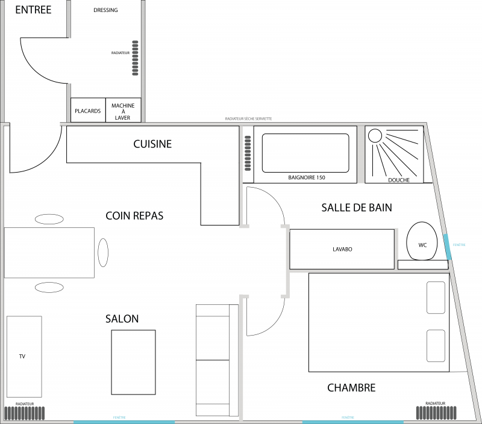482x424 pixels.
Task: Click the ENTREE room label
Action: [x=33, y=10]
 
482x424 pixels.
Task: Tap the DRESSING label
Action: [x=106, y=10]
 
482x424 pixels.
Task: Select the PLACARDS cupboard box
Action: [x=88, y=111]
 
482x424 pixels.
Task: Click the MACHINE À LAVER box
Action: [x=123, y=111]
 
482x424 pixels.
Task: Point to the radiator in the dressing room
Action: [x=135, y=58]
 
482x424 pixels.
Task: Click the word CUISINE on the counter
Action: [x=152, y=144]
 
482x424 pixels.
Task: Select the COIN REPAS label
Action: [x=134, y=215]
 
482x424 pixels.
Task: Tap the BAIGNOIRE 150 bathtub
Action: [x=305, y=155]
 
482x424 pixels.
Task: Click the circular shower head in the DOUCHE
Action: [x=375, y=136]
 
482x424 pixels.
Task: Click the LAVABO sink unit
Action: [x=342, y=249]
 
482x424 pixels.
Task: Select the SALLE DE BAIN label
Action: [x=357, y=207]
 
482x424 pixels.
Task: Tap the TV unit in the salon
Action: [x=24, y=356]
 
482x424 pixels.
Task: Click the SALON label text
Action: [x=122, y=319]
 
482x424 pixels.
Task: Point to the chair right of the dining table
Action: [x=103, y=253]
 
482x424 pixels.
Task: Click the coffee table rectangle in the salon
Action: [x=133, y=362]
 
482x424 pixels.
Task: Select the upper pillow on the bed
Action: [x=436, y=298]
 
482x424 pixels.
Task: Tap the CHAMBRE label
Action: [x=351, y=388]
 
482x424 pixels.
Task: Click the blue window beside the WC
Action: [x=447, y=247]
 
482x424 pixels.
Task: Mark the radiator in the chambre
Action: [x=436, y=413]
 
